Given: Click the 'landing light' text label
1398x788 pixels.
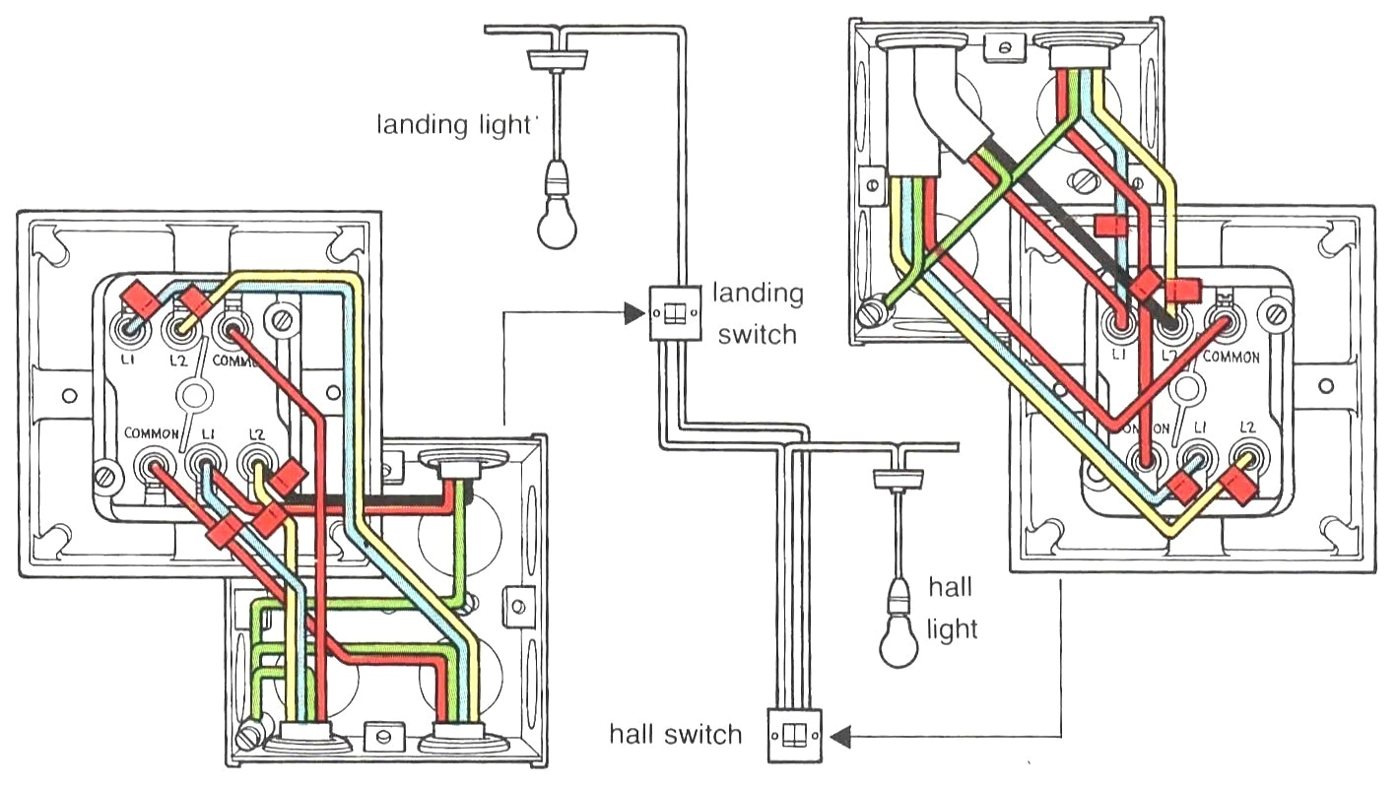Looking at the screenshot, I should point(453,126).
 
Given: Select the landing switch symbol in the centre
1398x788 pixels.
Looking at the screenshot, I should point(675,313).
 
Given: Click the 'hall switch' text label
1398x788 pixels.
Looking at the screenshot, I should point(675,734).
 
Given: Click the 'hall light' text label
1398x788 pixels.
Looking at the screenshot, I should point(952,608).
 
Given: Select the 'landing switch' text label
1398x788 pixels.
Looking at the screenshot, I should point(758,313).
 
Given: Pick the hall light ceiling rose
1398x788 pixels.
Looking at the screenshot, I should point(899,478).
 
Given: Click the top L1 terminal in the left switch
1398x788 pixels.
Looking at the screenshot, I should point(128,326).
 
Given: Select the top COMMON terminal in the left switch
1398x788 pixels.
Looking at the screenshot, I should point(233,326).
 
